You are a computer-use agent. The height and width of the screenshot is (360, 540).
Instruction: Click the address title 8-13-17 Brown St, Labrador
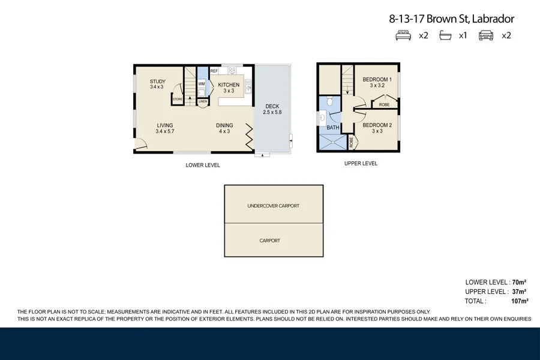tap(451, 19)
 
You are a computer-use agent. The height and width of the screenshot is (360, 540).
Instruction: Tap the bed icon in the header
tap(403, 35)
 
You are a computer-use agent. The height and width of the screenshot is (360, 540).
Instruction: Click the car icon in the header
tap(486, 35)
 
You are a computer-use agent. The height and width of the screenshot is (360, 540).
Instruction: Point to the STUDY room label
tap(158, 82)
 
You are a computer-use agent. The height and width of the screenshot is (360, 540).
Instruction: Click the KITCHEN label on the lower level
tap(229, 85)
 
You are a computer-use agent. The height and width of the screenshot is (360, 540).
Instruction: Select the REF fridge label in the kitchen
tap(214, 71)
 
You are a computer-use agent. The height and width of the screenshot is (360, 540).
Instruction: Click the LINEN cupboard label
tap(203, 101)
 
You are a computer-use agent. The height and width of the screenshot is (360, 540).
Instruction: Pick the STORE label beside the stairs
tap(178, 99)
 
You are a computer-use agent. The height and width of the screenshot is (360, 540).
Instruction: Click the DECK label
tap(272, 107)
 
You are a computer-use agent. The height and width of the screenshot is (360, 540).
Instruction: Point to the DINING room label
tap(224, 125)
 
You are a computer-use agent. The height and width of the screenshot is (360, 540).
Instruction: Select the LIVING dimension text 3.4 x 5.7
tap(165, 131)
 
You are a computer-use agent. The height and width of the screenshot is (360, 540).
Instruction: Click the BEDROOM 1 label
tap(377, 80)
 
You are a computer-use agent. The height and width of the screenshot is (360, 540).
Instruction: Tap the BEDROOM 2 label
tap(377, 125)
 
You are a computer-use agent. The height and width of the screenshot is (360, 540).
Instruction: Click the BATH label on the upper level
tap(333, 128)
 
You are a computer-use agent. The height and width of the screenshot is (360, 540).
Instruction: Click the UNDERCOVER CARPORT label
tap(273, 206)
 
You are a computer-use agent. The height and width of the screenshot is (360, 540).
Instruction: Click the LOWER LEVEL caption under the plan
tap(203, 165)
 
